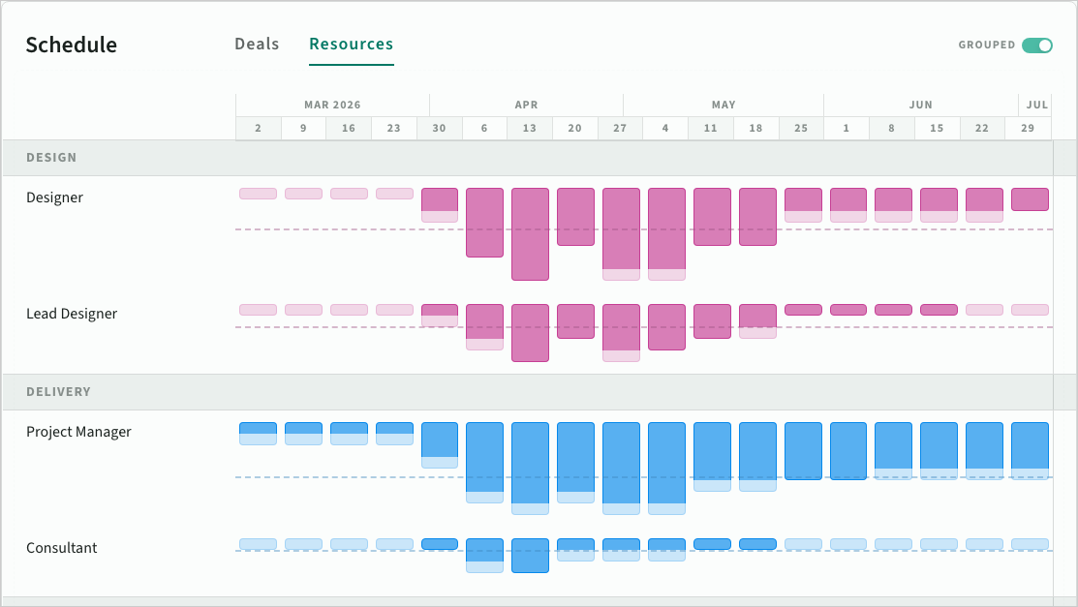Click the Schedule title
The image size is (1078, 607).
click(72, 46)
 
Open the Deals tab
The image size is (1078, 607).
click(257, 45)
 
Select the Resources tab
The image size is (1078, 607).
click(351, 45)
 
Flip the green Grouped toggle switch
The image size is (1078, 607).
click(1037, 46)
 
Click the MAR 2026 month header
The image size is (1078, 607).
click(332, 105)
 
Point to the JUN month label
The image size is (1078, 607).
click(920, 105)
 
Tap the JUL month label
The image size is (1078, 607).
click(1036, 105)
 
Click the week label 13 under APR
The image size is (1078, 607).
click(529, 129)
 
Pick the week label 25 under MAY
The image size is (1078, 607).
click(800, 129)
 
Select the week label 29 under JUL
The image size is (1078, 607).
click(1027, 129)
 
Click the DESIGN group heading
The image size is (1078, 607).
click(51, 158)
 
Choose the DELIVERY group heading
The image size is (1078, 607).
click(58, 392)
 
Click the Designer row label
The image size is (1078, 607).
click(54, 197)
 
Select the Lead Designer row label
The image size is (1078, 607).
click(72, 314)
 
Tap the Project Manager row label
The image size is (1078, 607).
click(78, 432)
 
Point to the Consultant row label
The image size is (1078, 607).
click(62, 548)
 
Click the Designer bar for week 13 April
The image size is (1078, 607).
click(530, 234)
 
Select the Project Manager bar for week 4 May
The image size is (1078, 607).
click(666, 463)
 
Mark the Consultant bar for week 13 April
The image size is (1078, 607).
click(530, 556)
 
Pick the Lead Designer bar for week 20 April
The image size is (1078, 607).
click(575, 321)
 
